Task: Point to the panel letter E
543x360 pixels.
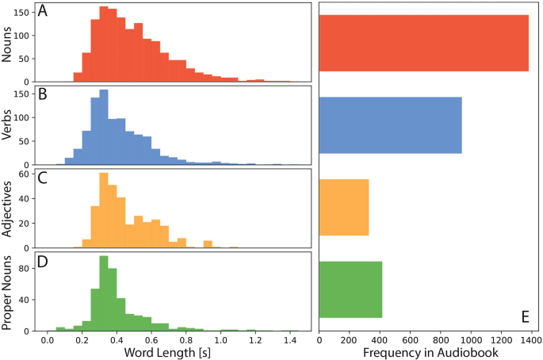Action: coord(525,317)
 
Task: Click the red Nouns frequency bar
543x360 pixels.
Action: coord(423,43)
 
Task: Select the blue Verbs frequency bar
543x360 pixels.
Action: coord(390,125)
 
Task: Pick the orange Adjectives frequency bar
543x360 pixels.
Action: coord(344,208)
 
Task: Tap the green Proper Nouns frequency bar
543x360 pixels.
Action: coord(350,289)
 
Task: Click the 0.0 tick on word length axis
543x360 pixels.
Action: coord(48,339)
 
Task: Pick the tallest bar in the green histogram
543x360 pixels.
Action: coord(104,293)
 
